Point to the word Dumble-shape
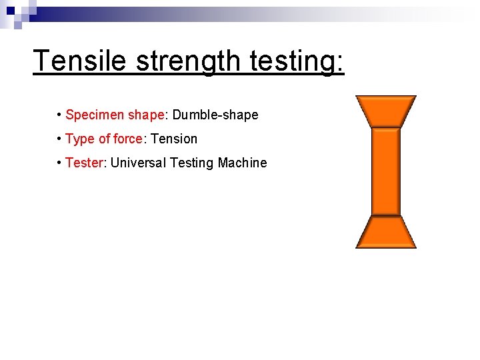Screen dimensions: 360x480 215,115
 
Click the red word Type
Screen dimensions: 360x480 80,139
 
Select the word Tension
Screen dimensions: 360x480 175,139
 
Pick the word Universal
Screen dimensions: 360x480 138,163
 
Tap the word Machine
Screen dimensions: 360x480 242,163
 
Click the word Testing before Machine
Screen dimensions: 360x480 191,163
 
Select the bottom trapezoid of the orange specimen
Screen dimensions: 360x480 386,233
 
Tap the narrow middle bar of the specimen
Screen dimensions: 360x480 386,172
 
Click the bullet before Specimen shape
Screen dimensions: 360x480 59,115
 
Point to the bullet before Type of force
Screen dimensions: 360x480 59,139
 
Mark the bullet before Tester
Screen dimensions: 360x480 59,163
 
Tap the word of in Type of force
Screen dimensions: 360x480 104,139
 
